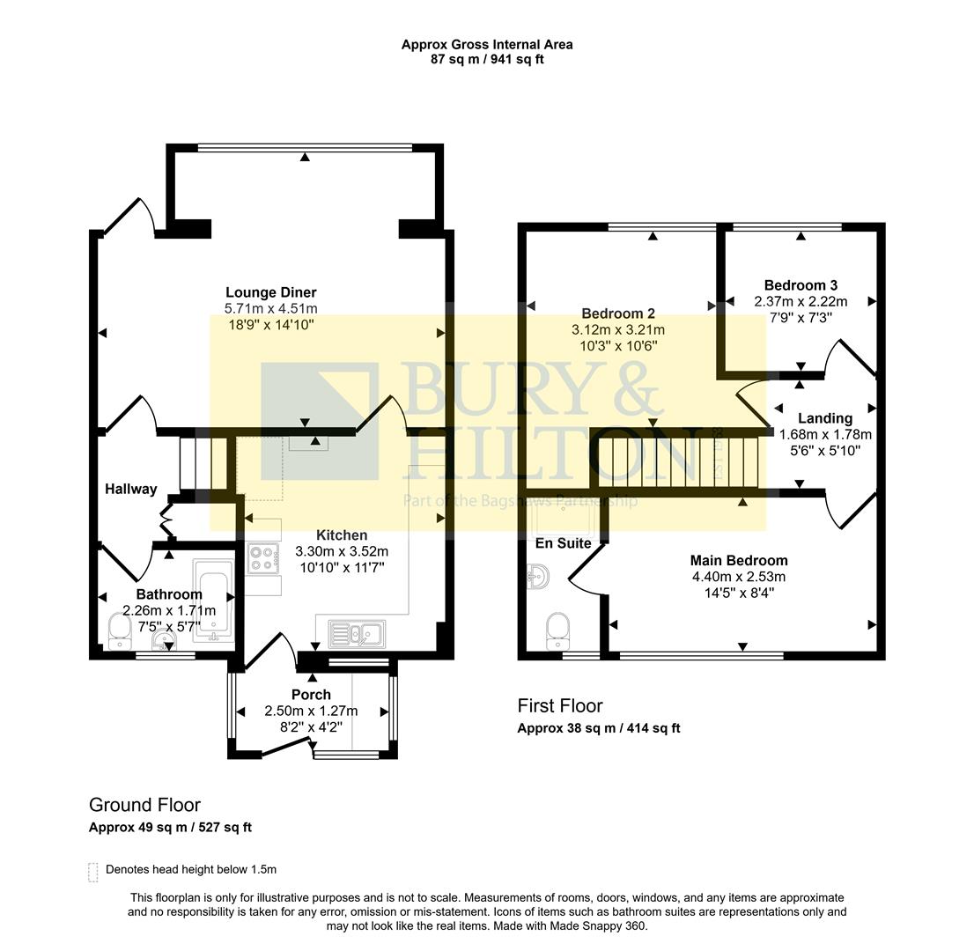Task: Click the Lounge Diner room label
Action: click(x=270, y=292)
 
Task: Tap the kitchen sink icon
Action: click(x=356, y=633)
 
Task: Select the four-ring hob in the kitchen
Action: click(x=262, y=559)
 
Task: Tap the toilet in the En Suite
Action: click(x=557, y=629)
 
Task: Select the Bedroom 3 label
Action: click(x=800, y=285)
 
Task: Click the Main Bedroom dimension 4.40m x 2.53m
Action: click(x=738, y=577)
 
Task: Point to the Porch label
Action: click(x=311, y=695)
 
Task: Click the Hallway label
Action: click(x=131, y=489)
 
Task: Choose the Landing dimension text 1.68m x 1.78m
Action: click(x=824, y=434)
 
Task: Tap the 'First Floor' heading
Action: click(x=559, y=705)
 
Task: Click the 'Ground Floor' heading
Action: click(x=144, y=804)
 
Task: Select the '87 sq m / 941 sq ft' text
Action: click(x=486, y=59)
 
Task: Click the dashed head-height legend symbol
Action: click(x=93, y=871)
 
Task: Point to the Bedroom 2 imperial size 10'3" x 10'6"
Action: click(x=618, y=345)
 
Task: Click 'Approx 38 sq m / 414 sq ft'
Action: click(x=598, y=728)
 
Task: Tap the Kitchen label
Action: click(x=342, y=535)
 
